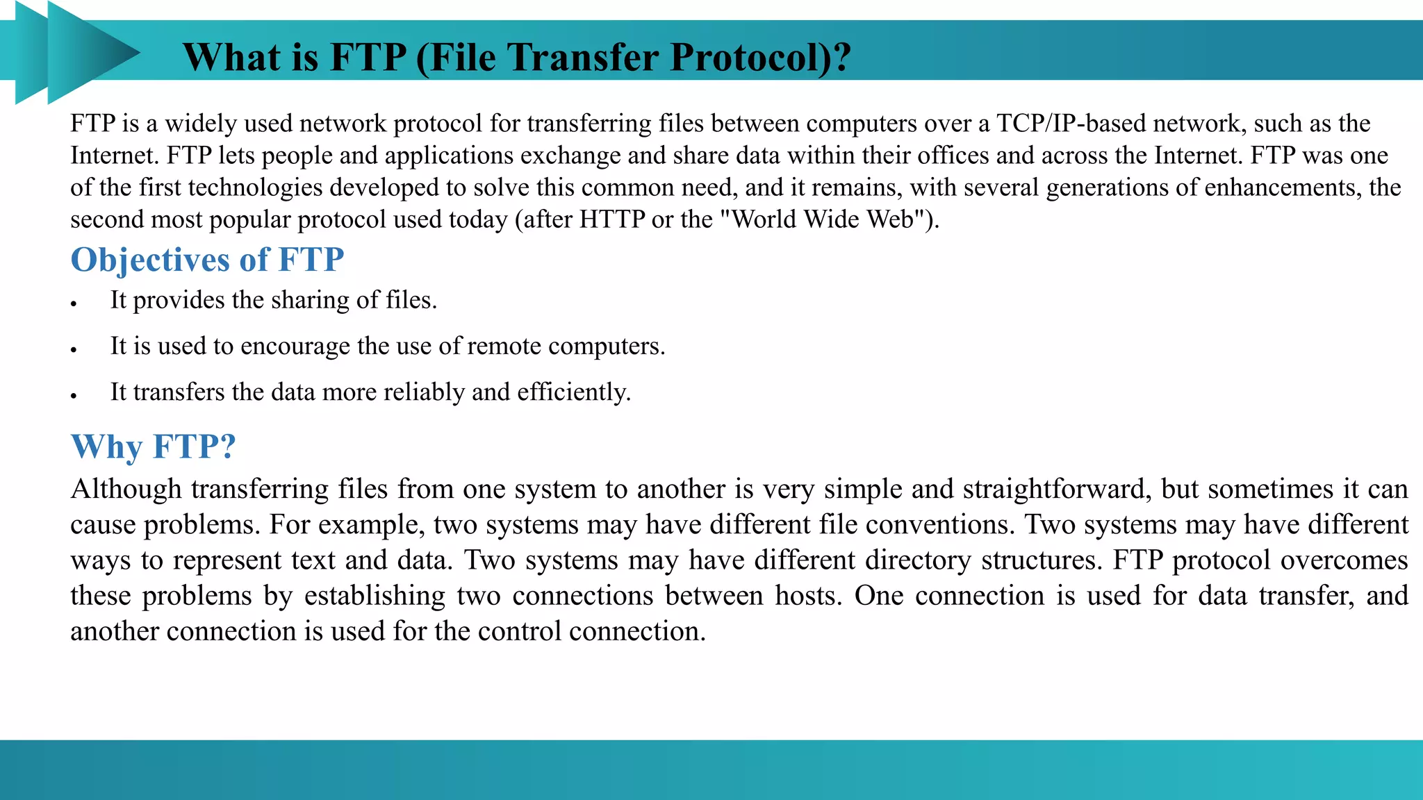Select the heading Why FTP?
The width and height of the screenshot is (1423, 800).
click(x=154, y=447)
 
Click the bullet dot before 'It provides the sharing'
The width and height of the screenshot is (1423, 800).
click(x=73, y=304)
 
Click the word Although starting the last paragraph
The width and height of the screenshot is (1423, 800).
click(x=126, y=490)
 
